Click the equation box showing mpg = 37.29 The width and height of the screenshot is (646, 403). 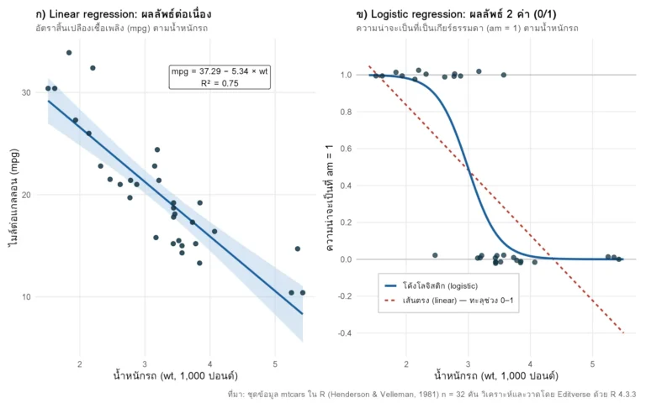click(220, 77)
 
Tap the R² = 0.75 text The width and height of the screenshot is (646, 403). click(220, 83)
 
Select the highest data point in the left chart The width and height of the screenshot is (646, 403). click(69, 53)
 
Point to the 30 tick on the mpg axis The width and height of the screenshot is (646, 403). click(26, 92)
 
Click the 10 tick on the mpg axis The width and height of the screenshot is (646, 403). click(26, 297)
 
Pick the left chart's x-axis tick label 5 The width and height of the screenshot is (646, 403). click(275, 364)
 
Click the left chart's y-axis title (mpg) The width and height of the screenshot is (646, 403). click(13, 197)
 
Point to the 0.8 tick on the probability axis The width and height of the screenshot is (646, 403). click(346, 112)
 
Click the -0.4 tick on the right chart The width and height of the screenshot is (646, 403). click(345, 333)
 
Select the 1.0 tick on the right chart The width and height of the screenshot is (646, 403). click(346, 75)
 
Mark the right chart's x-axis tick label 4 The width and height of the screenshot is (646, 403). click(530, 364)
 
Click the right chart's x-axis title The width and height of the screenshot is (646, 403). click(496, 375)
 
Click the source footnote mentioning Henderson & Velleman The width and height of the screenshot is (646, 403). click(432, 395)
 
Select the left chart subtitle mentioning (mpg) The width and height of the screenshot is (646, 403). click(121, 28)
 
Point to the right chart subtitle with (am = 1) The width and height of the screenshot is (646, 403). click(467, 28)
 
